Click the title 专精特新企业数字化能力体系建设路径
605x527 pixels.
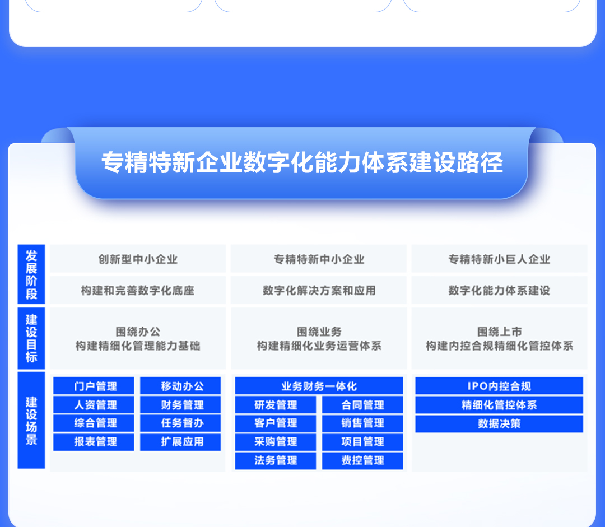pyautogui.click(x=302, y=163)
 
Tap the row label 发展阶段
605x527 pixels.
pyautogui.click(x=31, y=274)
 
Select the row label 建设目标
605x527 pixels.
pyautogui.click(x=31, y=338)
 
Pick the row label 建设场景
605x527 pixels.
pyautogui.click(x=31, y=420)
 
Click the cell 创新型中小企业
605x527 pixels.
pyautogui.click(x=138, y=259)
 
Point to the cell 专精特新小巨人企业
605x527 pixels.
pyautogui.click(x=499, y=259)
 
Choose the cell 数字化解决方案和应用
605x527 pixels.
pyautogui.click(x=319, y=290)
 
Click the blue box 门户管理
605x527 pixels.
pyautogui.click(x=94, y=386)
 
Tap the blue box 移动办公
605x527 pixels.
pyautogui.click(x=180, y=386)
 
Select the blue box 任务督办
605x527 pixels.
pyautogui.click(x=180, y=423)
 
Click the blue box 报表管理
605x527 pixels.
pyautogui.click(x=94, y=442)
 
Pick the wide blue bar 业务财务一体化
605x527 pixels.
pyautogui.click(x=319, y=386)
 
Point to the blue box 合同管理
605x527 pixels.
pyautogui.click(x=362, y=405)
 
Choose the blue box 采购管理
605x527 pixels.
pyautogui.click(x=276, y=442)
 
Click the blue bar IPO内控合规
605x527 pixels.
pyautogui.click(x=499, y=386)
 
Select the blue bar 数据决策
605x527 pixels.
pyautogui.click(x=499, y=423)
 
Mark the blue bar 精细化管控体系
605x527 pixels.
pyautogui.click(x=499, y=405)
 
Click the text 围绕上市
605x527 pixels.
pyautogui.click(x=499, y=332)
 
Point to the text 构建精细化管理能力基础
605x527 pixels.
pyautogui.click(x=138, y=346)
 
